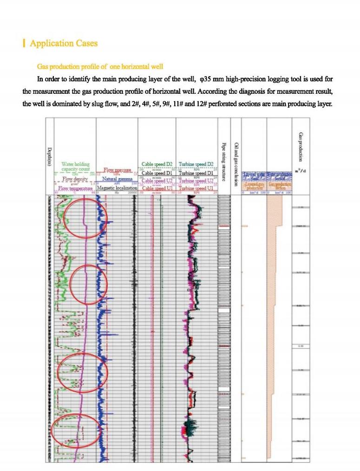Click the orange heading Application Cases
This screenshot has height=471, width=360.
click(64, 43)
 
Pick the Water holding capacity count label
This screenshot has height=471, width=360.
click(75, 167)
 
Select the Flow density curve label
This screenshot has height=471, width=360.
click(75, 179)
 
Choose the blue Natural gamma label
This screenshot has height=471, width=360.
click(117, 179)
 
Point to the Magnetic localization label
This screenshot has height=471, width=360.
click(117, 188)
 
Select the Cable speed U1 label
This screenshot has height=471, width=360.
click(157, 188)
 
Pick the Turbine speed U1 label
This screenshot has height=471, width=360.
click(196, 188)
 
